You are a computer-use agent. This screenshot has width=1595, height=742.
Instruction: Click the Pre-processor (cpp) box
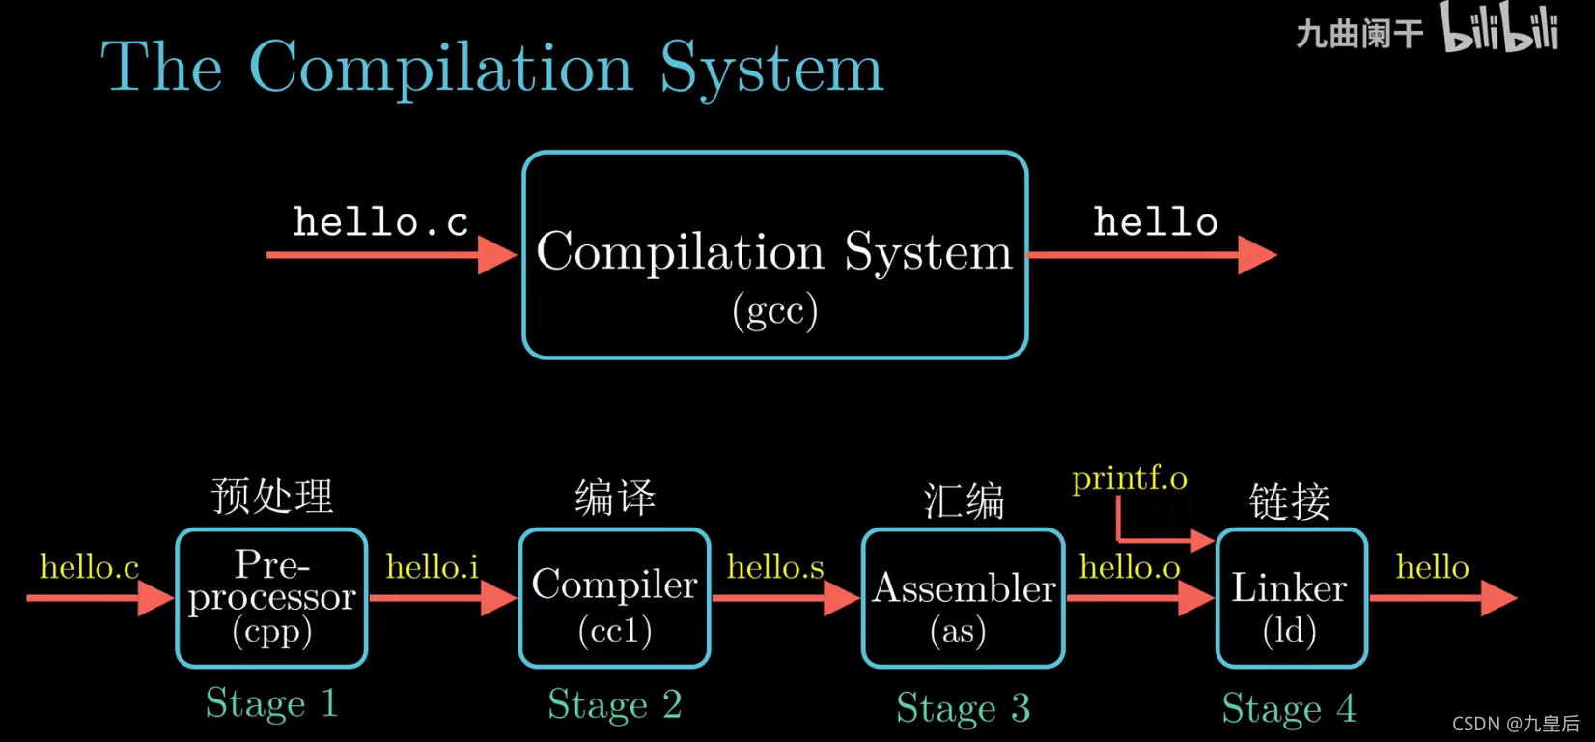point(271,597)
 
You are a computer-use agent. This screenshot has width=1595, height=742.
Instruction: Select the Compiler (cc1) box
point(614,597)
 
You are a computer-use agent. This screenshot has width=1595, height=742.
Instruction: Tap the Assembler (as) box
point(963,597)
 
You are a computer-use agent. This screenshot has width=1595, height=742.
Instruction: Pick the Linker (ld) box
point(1291,597)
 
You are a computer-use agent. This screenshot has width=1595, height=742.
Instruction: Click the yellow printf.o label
point(1129,478)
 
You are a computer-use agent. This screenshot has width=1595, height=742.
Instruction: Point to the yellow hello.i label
point(432,567)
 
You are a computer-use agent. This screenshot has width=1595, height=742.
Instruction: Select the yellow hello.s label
point(775,567)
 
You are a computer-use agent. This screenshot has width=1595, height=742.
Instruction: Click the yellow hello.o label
point(1130,567)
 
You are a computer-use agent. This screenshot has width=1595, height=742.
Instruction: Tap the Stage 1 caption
point(271,703)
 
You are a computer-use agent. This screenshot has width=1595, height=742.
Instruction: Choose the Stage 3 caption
point(963,708)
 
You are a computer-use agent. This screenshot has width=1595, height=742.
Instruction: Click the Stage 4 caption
point(1289,708)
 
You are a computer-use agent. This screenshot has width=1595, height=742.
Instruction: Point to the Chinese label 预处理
point(271,497)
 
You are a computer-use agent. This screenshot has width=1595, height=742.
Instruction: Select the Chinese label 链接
point(1289,501)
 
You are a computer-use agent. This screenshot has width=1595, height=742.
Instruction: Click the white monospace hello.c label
point(380,222)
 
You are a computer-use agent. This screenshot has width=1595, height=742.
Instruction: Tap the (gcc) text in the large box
point(774,311)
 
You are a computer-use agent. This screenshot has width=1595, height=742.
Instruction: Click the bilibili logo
point(1499,29)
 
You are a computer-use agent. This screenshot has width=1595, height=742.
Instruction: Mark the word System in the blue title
point(771,70)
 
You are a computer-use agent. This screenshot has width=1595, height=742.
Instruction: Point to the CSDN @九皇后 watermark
point(1515,724)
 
